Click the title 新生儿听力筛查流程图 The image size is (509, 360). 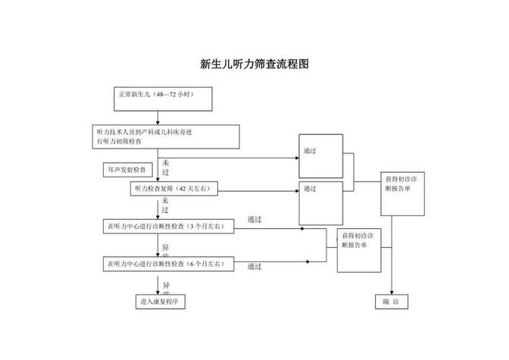[x=254, y=64]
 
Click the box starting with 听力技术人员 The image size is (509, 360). [x=167, y=136]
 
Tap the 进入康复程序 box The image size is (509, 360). [x=160, y=301]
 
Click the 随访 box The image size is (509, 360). [x=391, y=301]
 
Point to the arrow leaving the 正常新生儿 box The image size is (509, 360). [x=158, y=117]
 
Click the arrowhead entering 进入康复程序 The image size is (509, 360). [x=159, y=290]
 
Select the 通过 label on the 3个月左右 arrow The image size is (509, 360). [x=254, y=220]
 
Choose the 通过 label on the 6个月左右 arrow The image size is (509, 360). [x=254, y=267]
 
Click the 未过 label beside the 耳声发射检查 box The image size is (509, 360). [x=165, y=167]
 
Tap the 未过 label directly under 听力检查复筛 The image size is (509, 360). [x=165, y=205]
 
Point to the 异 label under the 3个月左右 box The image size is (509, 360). [x=166, y=247]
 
